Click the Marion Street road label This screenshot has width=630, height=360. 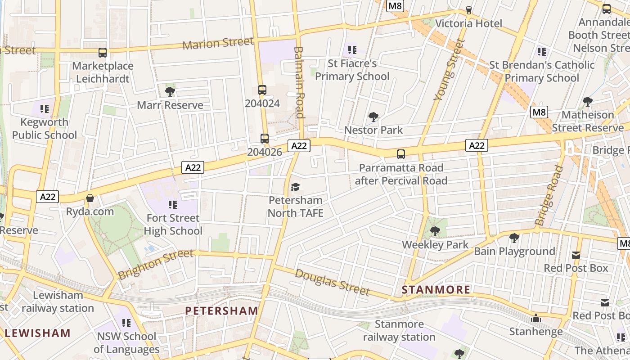coord(218,43)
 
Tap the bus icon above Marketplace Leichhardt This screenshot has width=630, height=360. coord(103,53)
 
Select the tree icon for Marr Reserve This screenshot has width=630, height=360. coord(170,92)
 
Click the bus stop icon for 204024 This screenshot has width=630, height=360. coord(262,90)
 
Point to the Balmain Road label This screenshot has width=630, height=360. coord(300,82)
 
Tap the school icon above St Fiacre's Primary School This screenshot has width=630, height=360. coord(352,49)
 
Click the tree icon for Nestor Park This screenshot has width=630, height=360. coord(373,117)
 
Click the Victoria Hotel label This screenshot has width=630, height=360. coord(468,23)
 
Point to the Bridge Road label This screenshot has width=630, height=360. coord(549,195)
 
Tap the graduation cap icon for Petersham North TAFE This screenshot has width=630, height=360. coord(295,187)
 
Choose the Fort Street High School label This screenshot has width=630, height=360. coord(173,225)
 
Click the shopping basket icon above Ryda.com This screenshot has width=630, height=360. coord(90,198)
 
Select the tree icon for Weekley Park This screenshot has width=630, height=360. coord(435,231)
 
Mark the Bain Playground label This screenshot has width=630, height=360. coord(514,251)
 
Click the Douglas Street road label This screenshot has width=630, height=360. coord(332,282)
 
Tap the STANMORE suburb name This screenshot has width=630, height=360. coord(436,289)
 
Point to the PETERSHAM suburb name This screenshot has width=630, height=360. coord(221,310)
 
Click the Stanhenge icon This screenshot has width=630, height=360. coord(536,319)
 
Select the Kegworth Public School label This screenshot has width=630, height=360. coord(45,128)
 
